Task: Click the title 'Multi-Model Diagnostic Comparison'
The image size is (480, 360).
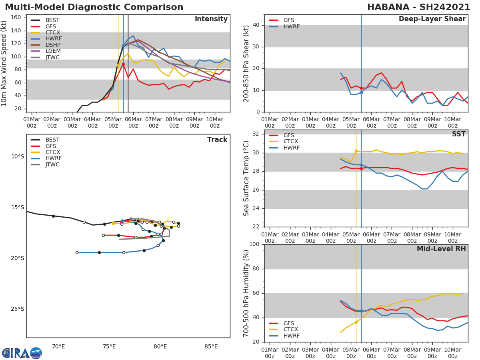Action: click(94, 7)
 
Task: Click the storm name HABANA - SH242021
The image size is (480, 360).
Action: click(418, 7)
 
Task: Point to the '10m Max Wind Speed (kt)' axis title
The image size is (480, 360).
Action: click(4, 63)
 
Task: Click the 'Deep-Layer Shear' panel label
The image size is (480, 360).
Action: click(432, 19)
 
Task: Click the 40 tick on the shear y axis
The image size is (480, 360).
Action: click(257, 25)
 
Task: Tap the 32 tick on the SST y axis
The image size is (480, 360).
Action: click(257, 134)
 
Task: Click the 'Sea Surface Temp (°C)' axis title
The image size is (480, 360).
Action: click(247, 178)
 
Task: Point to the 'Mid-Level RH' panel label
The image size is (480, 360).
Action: click(441, 249)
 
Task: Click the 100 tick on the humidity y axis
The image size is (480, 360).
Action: click(255, 244)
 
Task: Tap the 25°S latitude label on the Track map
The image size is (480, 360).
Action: click(17, 309)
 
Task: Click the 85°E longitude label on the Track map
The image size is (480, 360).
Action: click(211, 346)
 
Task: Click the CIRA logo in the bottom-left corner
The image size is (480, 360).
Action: click(22, 353)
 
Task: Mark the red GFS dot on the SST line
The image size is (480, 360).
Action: click(361, 168)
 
